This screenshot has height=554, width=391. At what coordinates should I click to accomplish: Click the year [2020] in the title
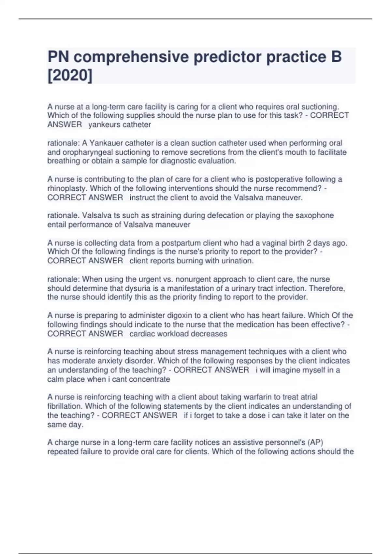coord(70,76)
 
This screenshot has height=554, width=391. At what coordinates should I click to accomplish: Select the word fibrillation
coord(64,406)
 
